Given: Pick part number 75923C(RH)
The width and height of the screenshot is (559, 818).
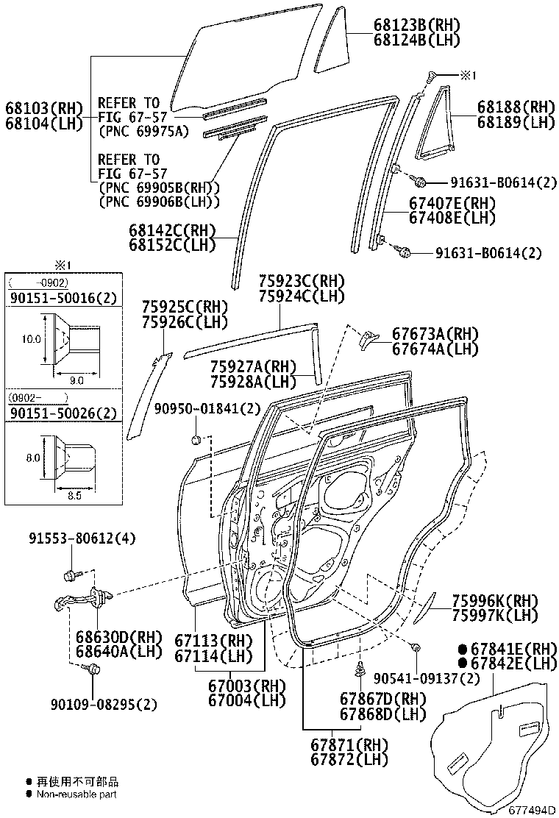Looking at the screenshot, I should pyautogui.click(x=301, y=281).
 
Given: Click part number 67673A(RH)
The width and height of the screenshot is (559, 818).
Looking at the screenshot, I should pyautogui.click(x=435, y=333).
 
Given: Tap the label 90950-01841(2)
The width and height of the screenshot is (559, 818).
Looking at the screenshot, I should pyautogui.click(x=207, y=408).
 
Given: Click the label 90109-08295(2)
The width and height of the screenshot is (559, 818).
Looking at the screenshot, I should pyautogui.click(x=104, y=704).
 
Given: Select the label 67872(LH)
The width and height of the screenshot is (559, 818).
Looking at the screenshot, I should pyautogui.click(x=349, y=758).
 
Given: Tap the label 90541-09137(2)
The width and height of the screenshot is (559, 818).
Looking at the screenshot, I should pyautogui.click(x=427, y=676).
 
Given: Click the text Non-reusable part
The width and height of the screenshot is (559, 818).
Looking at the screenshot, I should pyautogui.click(x=76, y=794).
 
